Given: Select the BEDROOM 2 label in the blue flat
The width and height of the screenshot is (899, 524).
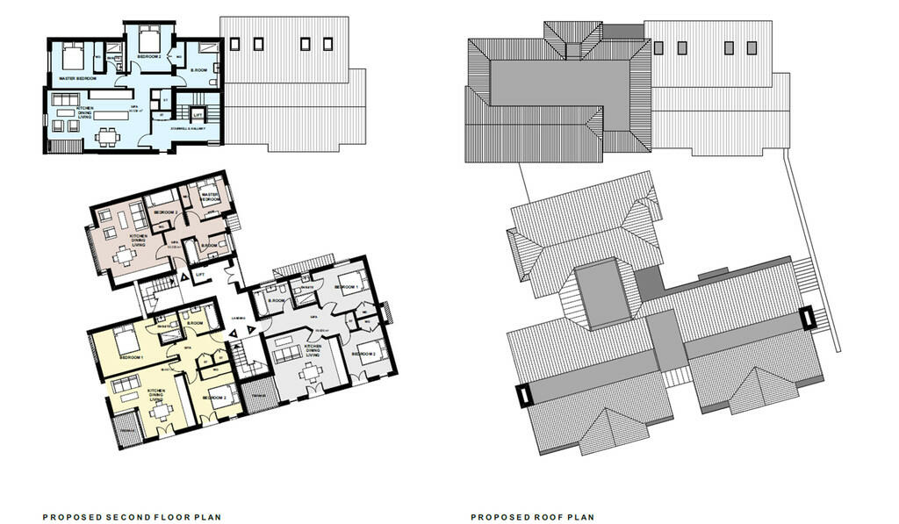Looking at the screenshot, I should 147,57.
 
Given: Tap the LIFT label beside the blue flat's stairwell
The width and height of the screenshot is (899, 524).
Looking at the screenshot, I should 197,112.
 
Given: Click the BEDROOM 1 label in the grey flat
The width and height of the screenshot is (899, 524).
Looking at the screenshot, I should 346,287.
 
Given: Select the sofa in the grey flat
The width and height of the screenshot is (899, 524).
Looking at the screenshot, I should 289,354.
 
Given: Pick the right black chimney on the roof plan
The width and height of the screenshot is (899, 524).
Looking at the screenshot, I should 808,319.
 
